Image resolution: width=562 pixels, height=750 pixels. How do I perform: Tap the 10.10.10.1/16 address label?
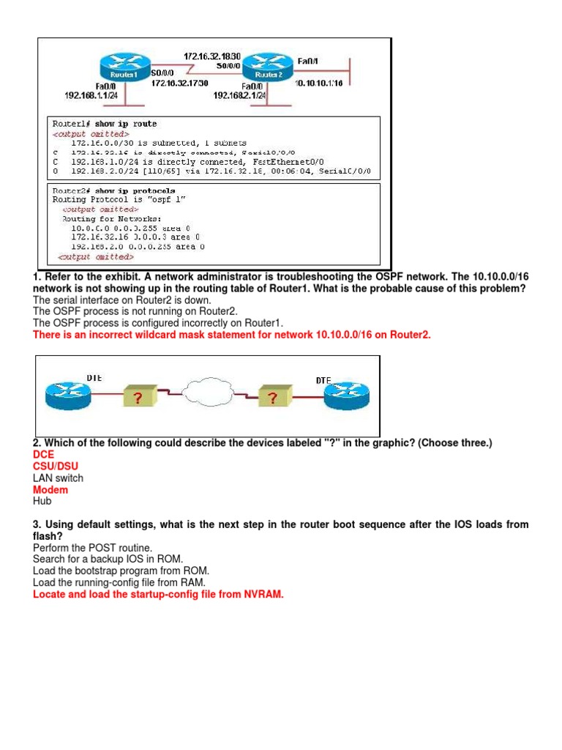tap(319, 83)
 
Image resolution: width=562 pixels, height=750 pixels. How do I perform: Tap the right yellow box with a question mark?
tap(271, 398)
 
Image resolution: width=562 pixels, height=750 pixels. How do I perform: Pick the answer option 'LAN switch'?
tap(58, 478)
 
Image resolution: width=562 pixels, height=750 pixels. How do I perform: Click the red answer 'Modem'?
tap(50, 489)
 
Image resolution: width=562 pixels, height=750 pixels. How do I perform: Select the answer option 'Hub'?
tap(42, 501)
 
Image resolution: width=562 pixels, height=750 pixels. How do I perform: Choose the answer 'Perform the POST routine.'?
tap(91, 547)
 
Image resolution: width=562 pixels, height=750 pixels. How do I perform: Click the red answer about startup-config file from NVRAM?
tap(157, 594)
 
